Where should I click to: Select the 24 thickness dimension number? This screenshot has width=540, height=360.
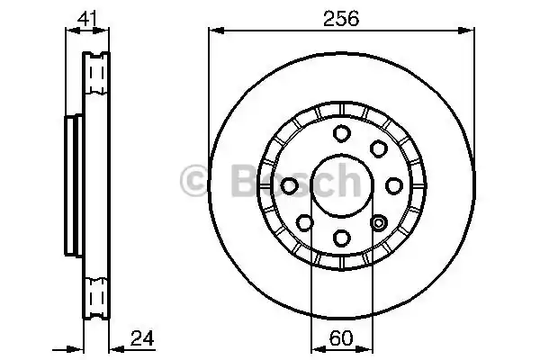click(142, 339)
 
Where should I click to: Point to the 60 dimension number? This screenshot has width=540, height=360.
click(341, 339)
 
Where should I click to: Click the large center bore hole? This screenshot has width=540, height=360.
click(341, 184)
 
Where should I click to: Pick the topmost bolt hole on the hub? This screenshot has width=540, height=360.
click(341, 133)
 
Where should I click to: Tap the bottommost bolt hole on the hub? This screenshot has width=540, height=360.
click(341, 237)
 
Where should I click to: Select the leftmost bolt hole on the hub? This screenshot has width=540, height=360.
click(290, 184)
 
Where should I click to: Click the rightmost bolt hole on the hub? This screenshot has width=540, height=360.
click(393, 184)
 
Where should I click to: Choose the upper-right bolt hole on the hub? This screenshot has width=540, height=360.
click(378, 148)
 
